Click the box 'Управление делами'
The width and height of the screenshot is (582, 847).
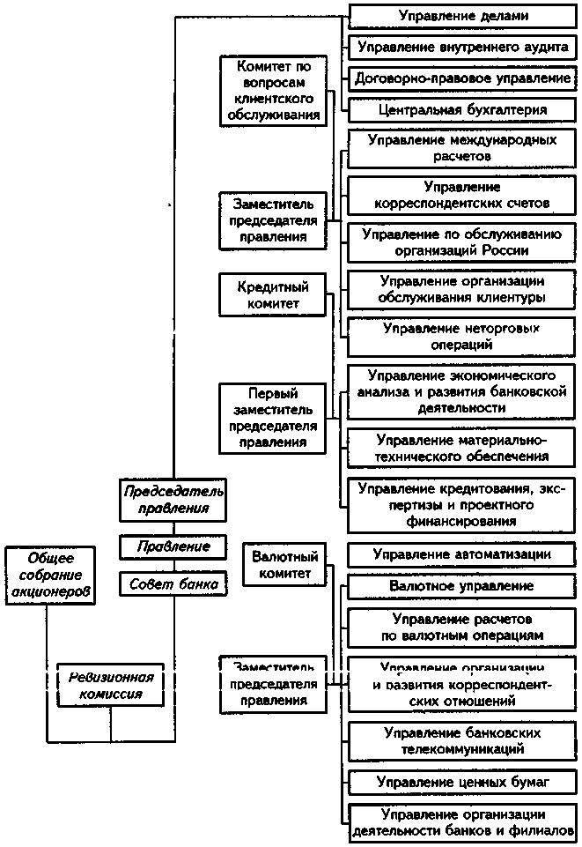(462, 15)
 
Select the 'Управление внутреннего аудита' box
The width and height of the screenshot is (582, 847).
(462, 47)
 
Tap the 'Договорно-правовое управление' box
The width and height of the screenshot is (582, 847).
(462, 78)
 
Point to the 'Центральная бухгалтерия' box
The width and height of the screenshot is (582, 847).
(462, 110)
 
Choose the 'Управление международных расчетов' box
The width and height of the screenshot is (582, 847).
(462, 148)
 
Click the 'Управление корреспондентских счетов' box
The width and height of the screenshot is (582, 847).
(462, 195)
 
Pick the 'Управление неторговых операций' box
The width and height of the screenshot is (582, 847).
(462, 337)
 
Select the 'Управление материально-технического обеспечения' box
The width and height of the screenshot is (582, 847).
(462, 448)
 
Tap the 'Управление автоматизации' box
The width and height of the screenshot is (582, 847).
(462, 554)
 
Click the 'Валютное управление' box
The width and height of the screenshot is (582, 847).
(462, 585)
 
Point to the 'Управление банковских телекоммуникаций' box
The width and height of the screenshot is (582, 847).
(462, 741)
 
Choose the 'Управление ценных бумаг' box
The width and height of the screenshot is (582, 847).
(462, 782)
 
